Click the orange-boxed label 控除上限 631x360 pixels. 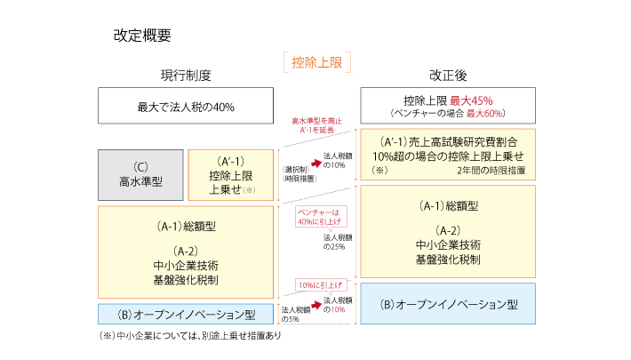coord(316,61)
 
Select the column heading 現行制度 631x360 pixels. coord(186,76)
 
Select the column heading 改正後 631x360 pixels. coord(448,76)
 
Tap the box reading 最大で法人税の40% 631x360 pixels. coord(186,107)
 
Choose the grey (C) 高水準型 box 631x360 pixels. coord(140,174)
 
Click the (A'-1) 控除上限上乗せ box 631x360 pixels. coord(230,174)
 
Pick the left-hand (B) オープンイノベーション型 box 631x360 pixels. coord(186,314)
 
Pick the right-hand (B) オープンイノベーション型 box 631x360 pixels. coord(448,304)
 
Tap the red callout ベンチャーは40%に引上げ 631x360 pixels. coord(319,219)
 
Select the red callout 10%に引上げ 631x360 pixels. coord(319,284)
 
